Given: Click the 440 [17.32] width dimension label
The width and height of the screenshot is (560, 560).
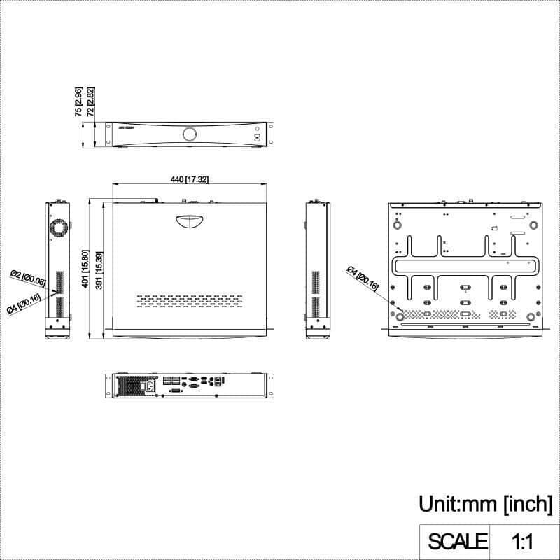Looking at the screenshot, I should click(x=189, y=180).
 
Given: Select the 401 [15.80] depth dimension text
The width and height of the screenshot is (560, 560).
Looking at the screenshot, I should click(x=85, y=269).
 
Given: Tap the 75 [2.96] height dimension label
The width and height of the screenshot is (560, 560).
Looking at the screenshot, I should click(x=79, y=101).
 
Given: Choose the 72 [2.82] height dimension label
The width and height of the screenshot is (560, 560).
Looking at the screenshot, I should click(x=90, y=101).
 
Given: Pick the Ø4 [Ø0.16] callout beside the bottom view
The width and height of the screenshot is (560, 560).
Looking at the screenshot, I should click(x=365, y=279).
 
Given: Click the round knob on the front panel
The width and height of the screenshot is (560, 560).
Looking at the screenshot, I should click(x=190, y=134).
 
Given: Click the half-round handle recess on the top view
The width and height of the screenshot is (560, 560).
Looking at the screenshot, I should click(x=190, y=220).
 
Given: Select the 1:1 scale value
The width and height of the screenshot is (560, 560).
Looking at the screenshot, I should click(x=523, y=541).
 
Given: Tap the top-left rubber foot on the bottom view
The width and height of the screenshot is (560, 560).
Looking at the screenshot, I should click(x=398, y=225).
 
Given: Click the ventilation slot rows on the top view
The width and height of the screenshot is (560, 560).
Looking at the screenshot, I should click(x=189, y=300).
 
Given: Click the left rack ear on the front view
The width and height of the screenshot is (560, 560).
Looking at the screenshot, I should click(x=110, y=134).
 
